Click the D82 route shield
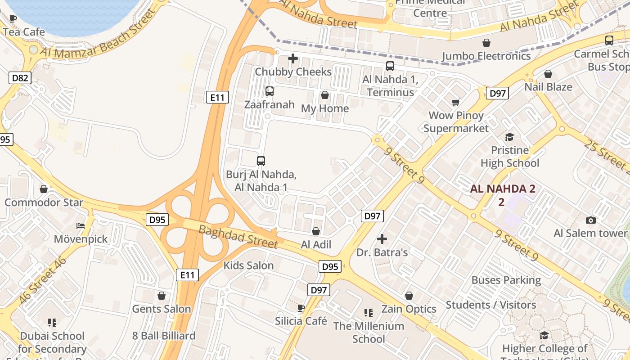(x=20, y=78)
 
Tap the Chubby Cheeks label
(x=293, y=72)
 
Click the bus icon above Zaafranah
(x=269, y=91)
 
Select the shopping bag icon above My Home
(x=324, y=95)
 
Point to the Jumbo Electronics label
(x=486, y=56)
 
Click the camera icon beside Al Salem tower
(x=591, y=220)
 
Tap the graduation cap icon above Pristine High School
(x=509, y=137)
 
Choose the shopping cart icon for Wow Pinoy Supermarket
(x=455, y=102)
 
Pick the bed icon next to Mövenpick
(x=81, y=225)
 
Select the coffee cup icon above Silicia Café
(x=301, y=308)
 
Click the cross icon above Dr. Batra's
(x=382, y=239)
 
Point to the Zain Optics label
(x=409, y=309)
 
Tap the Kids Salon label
(x=248, y=265)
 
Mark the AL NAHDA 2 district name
(x=503, y=189)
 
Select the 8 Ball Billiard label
(x=164, y=336)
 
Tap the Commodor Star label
(x=44, y=202)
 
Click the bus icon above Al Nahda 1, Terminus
(x=390, y=66)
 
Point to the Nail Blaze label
(x=548, y=87)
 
